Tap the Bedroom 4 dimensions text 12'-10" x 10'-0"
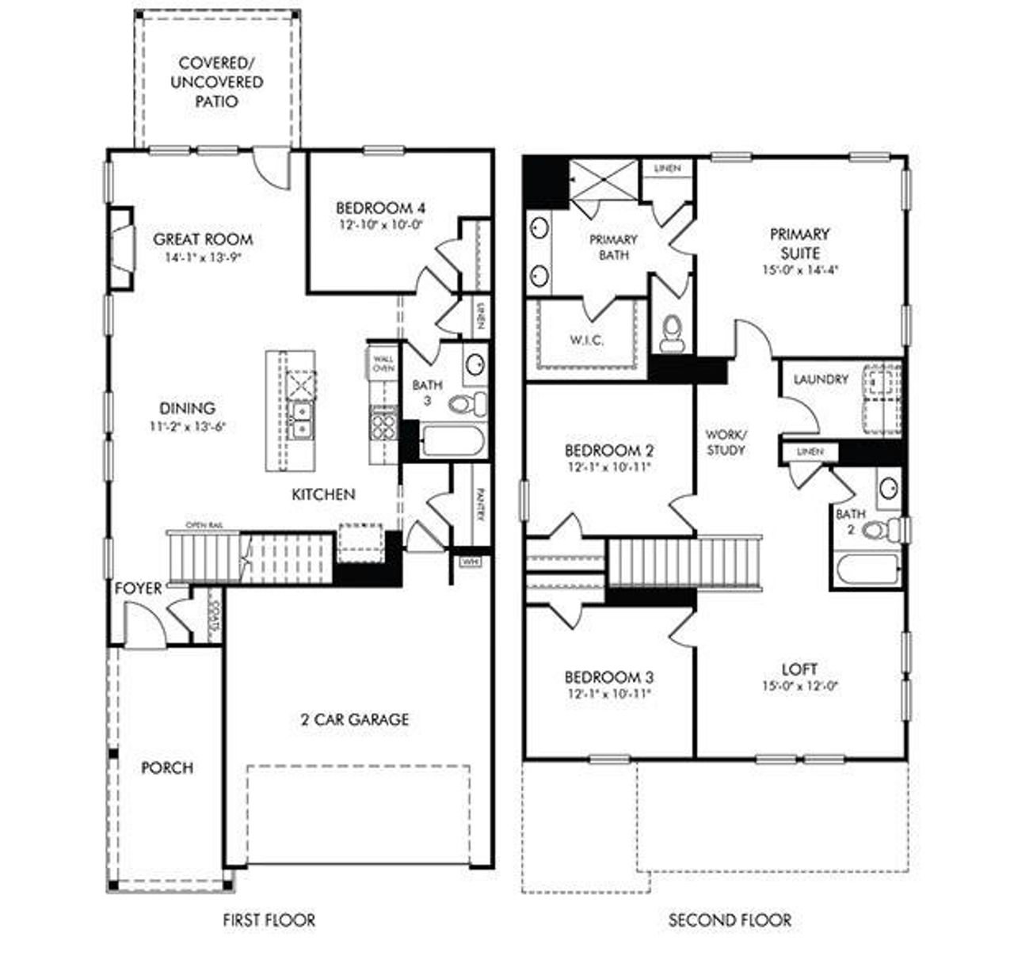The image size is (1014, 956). click(x=380, y=224)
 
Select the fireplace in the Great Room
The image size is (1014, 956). click(x=121, y=250)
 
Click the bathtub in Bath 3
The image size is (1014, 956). click(x=451, y=441)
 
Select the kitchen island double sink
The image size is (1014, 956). click(x=301, y=420)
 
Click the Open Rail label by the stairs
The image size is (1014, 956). click(x=201, y=525)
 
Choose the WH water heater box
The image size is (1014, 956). click(x=469, y=562)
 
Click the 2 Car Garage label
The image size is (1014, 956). click(x=355, y=719)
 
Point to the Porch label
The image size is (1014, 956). click(x=166, y=767)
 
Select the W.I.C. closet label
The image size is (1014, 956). click(x=586, y=341)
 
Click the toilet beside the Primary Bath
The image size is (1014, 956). click(x=672, y=333)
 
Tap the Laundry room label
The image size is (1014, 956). click(x=821, y=379)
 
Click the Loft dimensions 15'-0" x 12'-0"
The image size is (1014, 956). click(x=799, y=686)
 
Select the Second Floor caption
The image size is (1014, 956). click(x=730, y=920)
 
